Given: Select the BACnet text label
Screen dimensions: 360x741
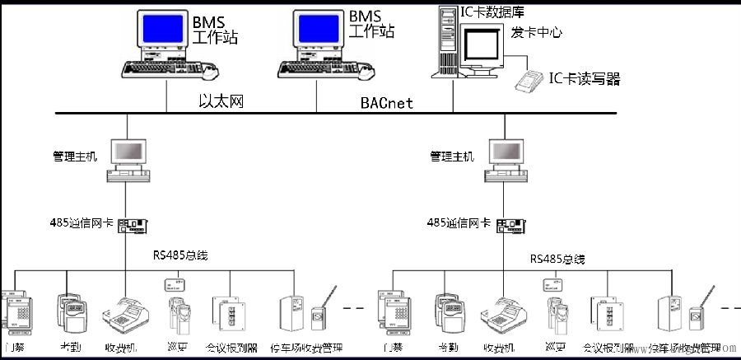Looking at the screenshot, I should coord(387,103).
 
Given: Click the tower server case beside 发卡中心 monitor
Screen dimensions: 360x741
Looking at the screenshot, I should coord(445,41).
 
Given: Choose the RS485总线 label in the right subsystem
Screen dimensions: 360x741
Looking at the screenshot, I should coord(557,259).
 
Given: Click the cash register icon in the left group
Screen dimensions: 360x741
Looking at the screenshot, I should coord(125,312).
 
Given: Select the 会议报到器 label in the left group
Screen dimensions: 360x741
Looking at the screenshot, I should coord(231,348).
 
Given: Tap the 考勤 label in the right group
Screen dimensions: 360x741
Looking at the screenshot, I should coord(449,348).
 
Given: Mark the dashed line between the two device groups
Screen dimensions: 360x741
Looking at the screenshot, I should coord(356,307).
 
